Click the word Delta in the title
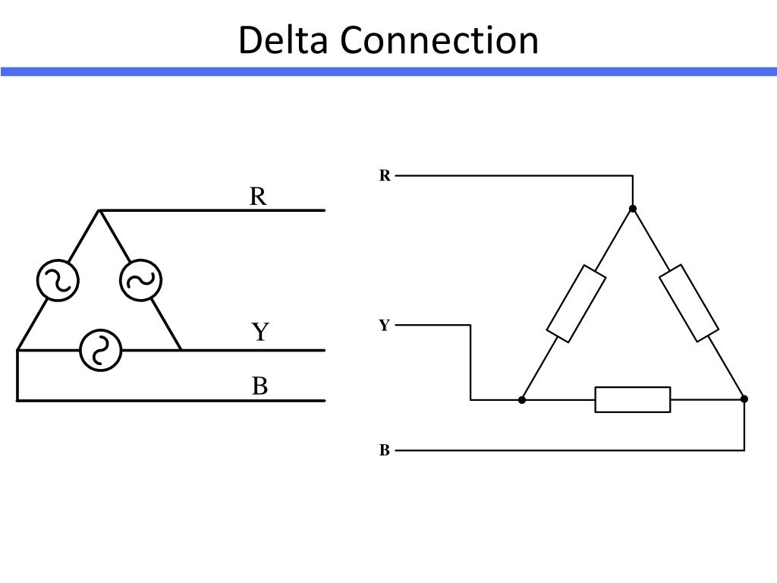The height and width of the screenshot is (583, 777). point(283,39)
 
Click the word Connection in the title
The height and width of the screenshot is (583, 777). point(439,39)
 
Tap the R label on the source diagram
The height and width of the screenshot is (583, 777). point(258,197)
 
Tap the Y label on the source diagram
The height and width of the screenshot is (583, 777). point(260,332)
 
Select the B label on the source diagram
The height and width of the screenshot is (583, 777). point(260,386)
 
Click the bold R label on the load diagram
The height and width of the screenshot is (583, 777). point(385,175)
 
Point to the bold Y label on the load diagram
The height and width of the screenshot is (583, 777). point(384,325)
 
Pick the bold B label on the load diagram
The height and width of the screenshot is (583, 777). point(385,450)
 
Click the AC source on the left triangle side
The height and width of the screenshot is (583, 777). point(58,280)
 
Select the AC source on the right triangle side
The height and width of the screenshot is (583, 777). point(140,280)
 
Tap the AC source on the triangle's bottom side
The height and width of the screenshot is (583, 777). point(101,350)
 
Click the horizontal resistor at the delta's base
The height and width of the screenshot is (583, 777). point(633,399)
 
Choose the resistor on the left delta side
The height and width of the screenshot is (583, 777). point(577,304)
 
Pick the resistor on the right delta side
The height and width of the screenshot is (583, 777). point(689,304)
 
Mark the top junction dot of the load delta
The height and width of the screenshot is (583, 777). point(632,209)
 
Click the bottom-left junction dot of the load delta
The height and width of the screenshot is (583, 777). point(522,399)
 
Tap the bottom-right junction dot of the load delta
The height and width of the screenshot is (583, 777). point(744,399)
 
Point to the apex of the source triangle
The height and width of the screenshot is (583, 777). point(99,211)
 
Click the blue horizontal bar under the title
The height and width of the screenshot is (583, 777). point(388,72)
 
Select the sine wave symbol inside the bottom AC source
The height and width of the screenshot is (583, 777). point(101,350)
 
